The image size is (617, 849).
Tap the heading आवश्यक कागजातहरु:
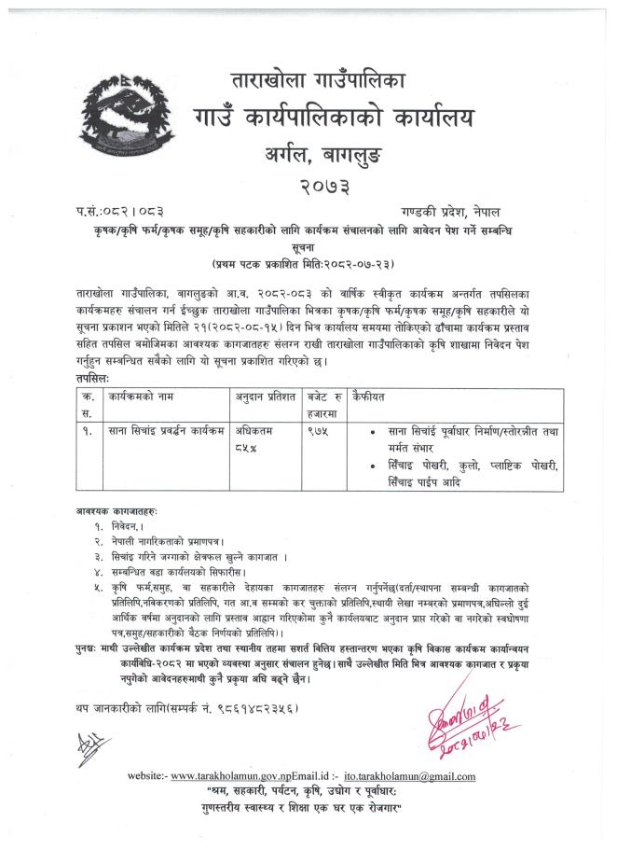coord(117,511)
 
